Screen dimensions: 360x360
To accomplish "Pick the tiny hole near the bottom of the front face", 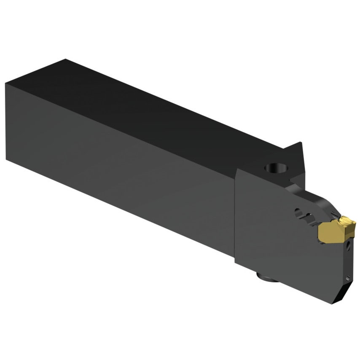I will [347, 277].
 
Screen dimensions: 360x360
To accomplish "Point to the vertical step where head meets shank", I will [235, 219].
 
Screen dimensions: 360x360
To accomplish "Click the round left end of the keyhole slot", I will [298, 210].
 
